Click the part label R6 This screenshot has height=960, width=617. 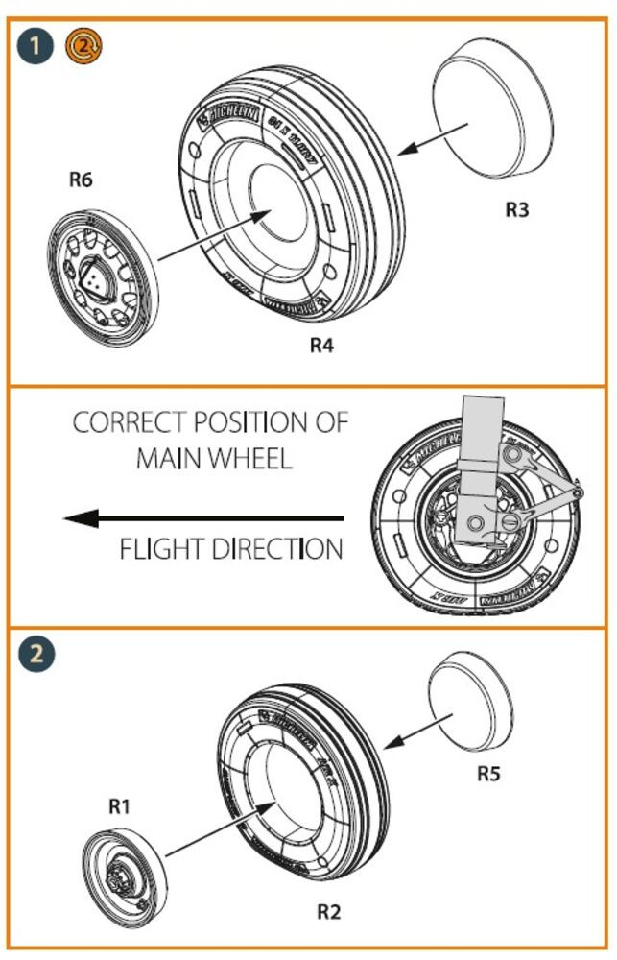point(81,180)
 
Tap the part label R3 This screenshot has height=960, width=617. point(517,210)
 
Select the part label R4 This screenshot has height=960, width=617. point(321,346)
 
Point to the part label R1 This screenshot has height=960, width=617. point(118,807)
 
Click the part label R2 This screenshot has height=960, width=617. point(328,911)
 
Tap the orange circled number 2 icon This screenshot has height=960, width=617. point(83,44)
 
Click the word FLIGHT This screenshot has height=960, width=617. point(160,550)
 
